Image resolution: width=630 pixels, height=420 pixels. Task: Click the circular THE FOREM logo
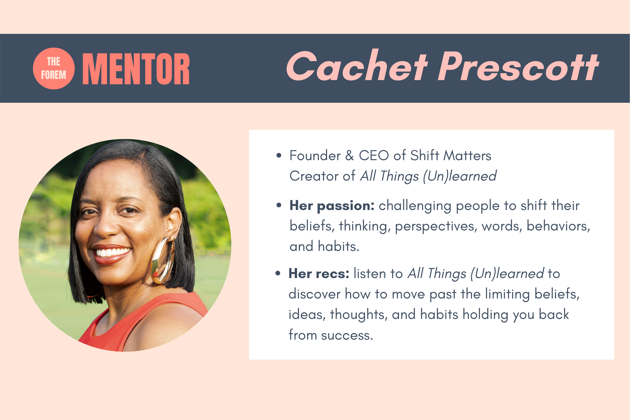pyautogui.click(x=54, y=68)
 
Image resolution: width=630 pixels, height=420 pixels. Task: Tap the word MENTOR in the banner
pyautogui.click(x=136, y=69)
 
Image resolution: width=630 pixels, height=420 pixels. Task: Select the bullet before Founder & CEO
pyautogui.click(x=279, y=155)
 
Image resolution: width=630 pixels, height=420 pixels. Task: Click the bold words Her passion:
pyautogui.click(x=332, y=206)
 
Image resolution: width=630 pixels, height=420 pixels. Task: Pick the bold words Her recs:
pyautogui.click(x=319, y=274)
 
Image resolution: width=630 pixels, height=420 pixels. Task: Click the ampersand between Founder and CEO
pyautogui.click(x=349, y=156)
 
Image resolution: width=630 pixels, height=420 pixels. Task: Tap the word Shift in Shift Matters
pyautogui.click(x=424, y=155)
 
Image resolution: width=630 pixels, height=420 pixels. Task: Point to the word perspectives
pyautogui.click(x=436, y=227)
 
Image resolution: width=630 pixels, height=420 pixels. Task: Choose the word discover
pyautogui.click(x=314, y=294)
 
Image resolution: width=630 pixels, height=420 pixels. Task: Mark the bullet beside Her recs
pyautogui.click(x=278, y=273)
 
